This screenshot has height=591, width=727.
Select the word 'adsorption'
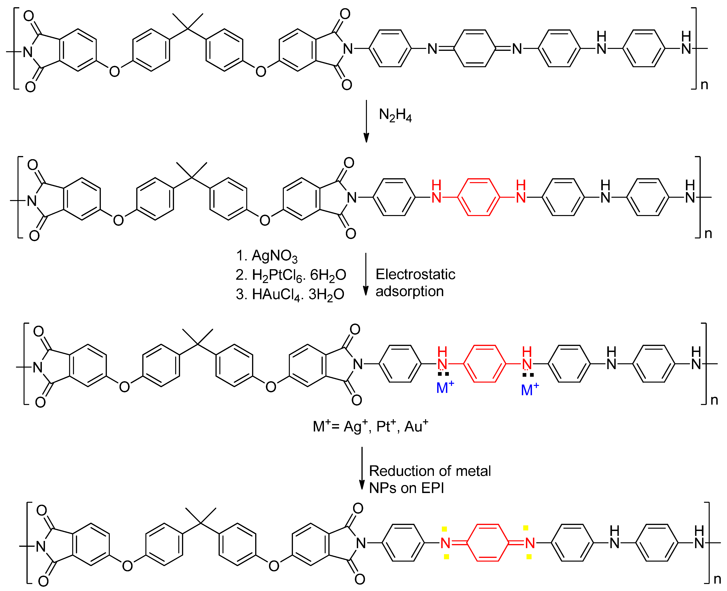tap(410, 291)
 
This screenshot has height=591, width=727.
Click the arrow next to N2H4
tap(366, 121)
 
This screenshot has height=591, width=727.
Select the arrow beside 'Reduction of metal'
tap(362, 468)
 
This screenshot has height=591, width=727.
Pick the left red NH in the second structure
tap(436, 192)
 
